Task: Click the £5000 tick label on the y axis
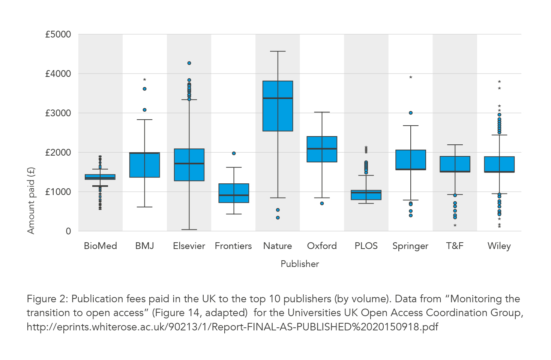point(58,34)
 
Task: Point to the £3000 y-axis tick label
point(58,113)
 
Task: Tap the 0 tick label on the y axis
point(68,231)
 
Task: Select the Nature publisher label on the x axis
point(278,246)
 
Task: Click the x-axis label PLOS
point(366,246)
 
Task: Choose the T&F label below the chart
point(455,246)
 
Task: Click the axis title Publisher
point(300,264)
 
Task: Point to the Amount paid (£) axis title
point(31,200)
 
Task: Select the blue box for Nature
point(278,112)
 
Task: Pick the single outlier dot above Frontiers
point(234,153)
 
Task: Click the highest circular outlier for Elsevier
point(189,63)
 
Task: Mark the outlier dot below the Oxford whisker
point(322,203)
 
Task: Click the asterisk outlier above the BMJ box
point(145,80)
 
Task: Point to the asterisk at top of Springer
point(411,78)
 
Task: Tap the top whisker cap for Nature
point(278,51)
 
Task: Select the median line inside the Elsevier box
point(189,163)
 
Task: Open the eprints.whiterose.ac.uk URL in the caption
point(232,327)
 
